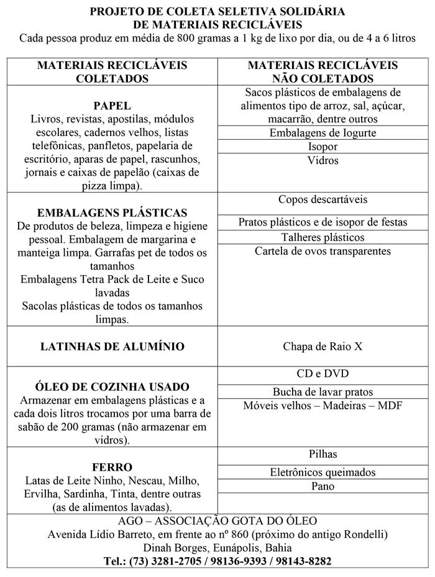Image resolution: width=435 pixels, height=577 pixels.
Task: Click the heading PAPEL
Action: point(112,105)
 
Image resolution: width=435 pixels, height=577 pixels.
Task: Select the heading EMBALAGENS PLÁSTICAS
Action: point(112,212)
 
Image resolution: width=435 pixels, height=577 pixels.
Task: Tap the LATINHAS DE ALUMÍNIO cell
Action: point(112,347)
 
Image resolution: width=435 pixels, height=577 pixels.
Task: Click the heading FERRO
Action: point(112,467)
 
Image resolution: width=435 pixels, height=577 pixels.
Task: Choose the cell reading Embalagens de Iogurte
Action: point(323,133)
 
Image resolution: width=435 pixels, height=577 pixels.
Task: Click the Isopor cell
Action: point(323,147)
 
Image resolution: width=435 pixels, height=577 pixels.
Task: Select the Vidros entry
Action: point(323,161)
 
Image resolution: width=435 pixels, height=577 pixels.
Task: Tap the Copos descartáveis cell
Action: point(323,200)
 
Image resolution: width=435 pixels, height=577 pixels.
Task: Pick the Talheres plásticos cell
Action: point(323,237)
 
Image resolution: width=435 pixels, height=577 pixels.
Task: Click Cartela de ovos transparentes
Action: point(323,251)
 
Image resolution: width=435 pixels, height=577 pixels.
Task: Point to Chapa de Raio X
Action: point(323,347)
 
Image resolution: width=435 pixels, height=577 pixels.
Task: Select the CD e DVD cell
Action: point(323,374)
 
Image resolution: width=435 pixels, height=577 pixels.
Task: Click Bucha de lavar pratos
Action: point(323,392)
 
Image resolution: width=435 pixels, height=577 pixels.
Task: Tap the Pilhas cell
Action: point(323,454)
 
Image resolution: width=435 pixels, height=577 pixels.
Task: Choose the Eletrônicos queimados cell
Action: point(323,472)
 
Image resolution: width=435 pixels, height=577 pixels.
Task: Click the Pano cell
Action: point(323,486)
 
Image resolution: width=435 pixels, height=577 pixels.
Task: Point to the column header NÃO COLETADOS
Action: point(323,79)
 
